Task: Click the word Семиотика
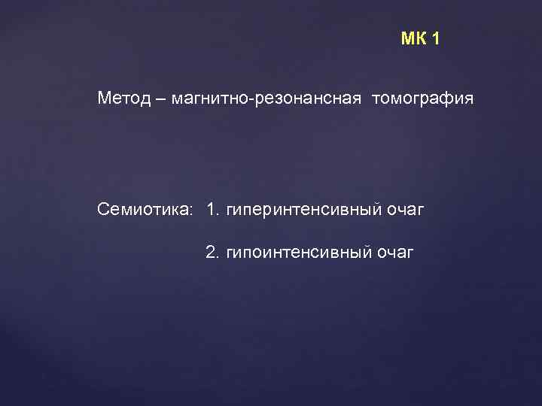143,208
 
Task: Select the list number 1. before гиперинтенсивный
212,208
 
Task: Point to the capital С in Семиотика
103,208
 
